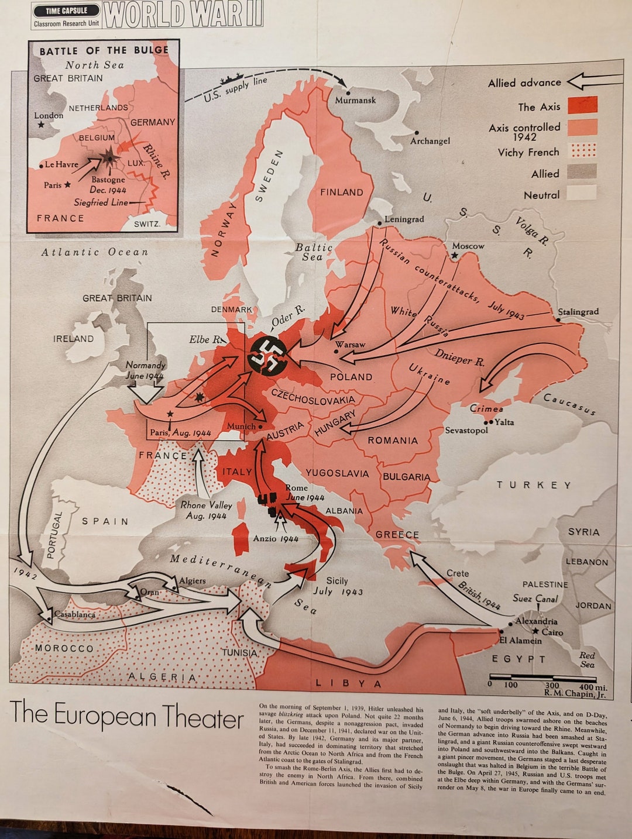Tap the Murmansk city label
[355, 100]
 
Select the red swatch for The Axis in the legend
[582, 105]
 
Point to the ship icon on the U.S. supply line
[231, 78]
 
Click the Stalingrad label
[578, 311]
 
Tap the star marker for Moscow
[454, 256]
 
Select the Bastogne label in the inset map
[108, 180]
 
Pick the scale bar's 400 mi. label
[593, 686]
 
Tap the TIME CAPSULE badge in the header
[66, 11]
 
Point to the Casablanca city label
[74, 614]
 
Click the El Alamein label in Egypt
[520, 641]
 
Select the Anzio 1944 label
[276, 538]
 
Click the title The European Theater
[126, 716]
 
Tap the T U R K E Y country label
[534, 485]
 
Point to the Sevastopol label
[466, 430]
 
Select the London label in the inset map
[49, 115]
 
